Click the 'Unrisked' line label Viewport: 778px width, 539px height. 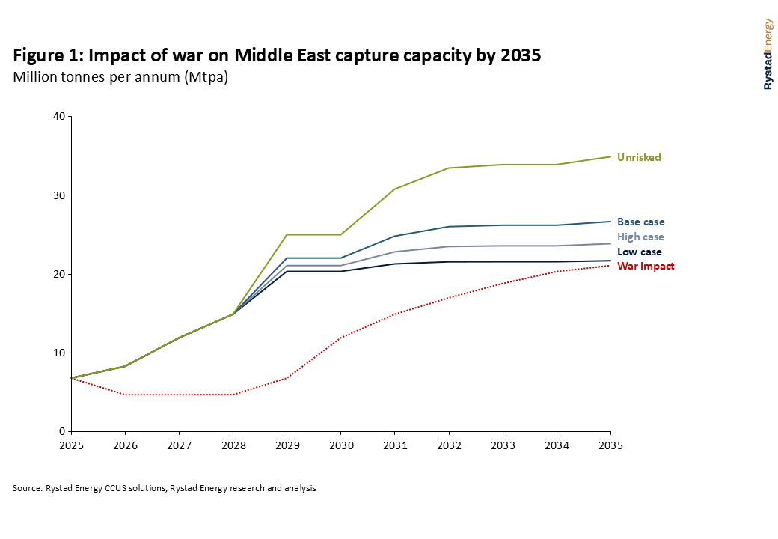tap(639, 157)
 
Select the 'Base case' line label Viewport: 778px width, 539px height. tap(640, 222)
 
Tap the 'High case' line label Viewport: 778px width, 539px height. tap(640, 237)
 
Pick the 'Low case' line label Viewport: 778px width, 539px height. tap(640, 252)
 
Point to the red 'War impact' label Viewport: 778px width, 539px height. tap(646, 266)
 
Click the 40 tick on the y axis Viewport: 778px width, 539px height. tap(59, 116)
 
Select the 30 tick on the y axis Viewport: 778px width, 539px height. tap(59, 195)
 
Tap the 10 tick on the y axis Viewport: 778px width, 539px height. tap(59, 353)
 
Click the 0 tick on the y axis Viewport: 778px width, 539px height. tap(62, 431)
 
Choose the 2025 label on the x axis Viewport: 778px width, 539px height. tap(71, 445)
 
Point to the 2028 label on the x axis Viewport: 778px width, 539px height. tap(233, 445)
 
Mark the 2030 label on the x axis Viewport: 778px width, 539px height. tap(340, 445)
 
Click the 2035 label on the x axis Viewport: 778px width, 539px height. tap(610, 445)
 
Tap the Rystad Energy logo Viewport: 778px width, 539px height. tap(768, 54)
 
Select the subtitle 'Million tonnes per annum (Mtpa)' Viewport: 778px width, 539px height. tap(120, 77)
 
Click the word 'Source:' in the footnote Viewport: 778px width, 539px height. tap(28, 488)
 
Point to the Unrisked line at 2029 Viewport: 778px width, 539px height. tap(287, 234)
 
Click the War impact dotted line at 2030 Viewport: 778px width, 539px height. tap(340, 338)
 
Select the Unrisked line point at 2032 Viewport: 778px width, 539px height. tap(449, 168)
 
